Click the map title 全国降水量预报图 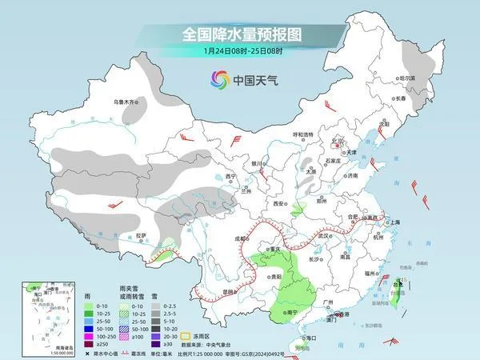241,34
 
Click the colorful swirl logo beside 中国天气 218,79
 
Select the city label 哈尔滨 408,78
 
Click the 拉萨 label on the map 141,235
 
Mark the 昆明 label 230,291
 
